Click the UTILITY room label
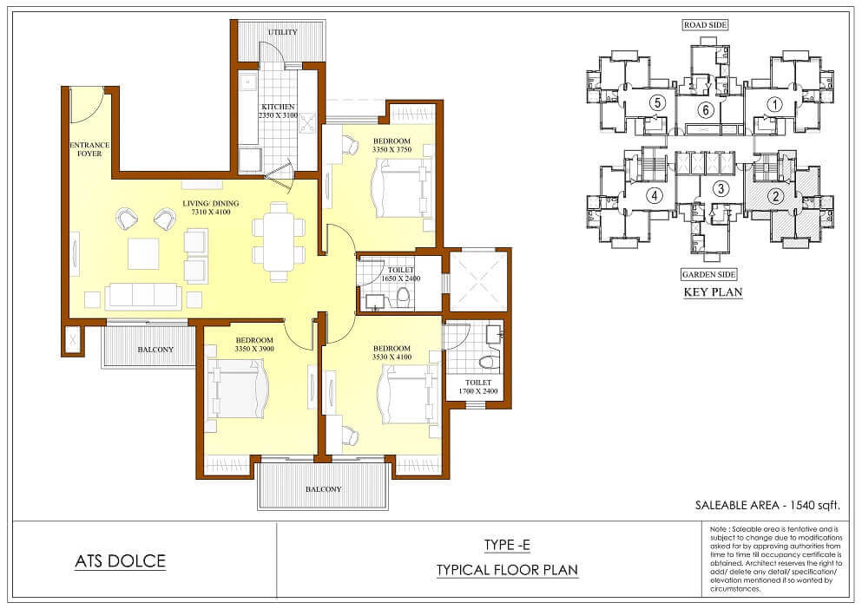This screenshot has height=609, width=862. coord(283,32)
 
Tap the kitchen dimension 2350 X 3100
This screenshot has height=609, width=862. coord(278,115)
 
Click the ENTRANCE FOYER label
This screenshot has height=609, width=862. coord(89,149)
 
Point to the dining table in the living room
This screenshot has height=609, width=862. coord(278,241)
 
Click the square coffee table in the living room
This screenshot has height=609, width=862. coord(143,253)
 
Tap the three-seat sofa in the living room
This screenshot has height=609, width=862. coord(143,297)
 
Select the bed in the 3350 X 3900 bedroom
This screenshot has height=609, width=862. coord(239,390)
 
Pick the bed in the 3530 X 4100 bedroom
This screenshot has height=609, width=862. coord(408,394)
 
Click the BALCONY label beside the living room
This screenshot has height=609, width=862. coord(155,350)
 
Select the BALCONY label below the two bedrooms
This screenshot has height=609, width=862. coord(323,489)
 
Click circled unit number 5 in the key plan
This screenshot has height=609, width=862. coord(656,102)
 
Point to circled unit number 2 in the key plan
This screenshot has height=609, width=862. coord(776,196)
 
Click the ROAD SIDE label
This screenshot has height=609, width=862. coord(706,25)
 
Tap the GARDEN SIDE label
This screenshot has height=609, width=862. coord(708,274)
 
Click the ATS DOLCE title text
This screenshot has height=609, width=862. coord(121,561)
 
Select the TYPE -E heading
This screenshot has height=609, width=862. coord(507,546)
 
